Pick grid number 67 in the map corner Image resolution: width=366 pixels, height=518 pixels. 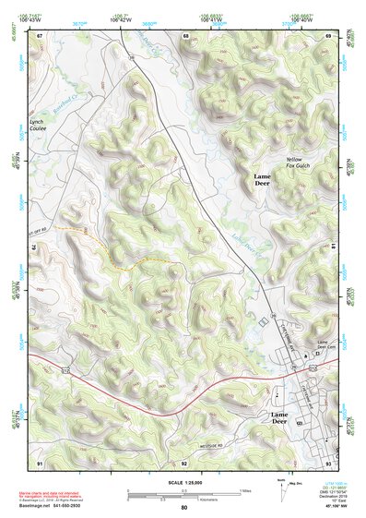tap(40, 35)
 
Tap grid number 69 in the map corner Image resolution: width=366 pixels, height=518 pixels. tap(329, 35)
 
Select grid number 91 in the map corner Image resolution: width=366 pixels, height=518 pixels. tap(40, 462)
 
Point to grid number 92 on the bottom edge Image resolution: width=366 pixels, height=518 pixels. tap(184, 462)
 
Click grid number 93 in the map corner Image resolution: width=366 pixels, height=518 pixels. tap(329, 462)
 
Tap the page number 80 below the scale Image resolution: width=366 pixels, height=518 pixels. tap(184, 508)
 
